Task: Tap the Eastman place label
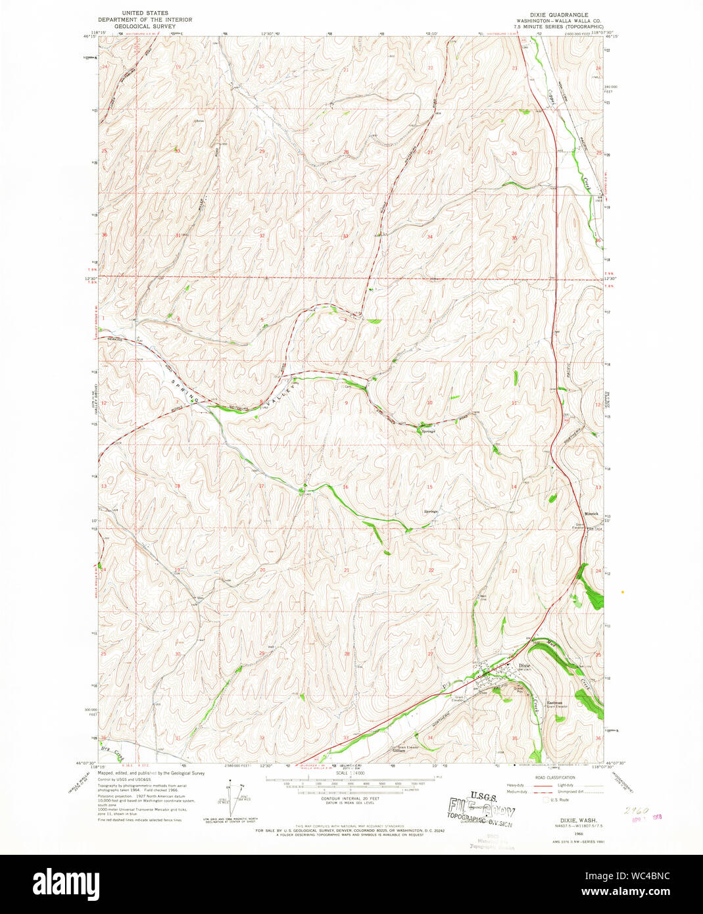tap(555, 702)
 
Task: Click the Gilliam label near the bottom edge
tap(398, 750)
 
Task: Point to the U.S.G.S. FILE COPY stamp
tap(481, 806)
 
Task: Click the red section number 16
tap(345, 487)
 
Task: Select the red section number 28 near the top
tap(345, 152)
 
